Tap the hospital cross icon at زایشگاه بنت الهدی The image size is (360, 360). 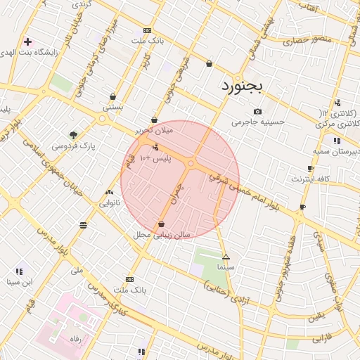click(27, 42)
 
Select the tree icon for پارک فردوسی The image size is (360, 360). click(73, 134)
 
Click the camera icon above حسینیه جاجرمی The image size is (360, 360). click(257, 111)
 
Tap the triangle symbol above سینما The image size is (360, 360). click(226, 257)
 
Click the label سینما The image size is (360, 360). click(226, 267)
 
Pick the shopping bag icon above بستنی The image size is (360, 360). click(112, 97)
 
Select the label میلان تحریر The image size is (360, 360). click(154, 131)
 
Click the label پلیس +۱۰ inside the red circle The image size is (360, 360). click(155, 159)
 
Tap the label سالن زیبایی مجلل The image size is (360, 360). click(162, 235)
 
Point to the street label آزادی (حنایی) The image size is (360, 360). click(226, 290)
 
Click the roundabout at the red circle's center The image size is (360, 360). click(191, 164)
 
